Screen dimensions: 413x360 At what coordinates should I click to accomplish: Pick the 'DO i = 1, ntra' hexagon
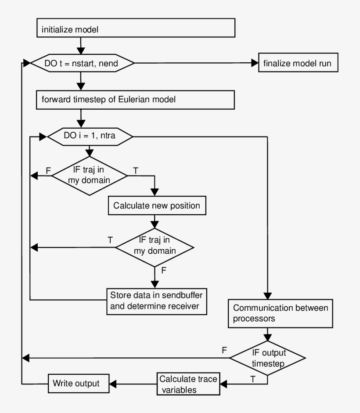(x=90, y=136)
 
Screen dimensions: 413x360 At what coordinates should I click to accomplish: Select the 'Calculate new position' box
(x=157, y=205)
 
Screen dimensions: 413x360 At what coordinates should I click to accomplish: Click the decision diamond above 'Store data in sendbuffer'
(x=154, y=247)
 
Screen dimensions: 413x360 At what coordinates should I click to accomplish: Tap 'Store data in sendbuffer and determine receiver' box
(x=157, y=300)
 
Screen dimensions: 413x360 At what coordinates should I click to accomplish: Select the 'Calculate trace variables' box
(x=188, y=384)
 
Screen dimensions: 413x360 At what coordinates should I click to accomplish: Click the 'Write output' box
(x=74, y=384)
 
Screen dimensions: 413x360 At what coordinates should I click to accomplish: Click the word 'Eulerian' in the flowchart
(x=135, y=100)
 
